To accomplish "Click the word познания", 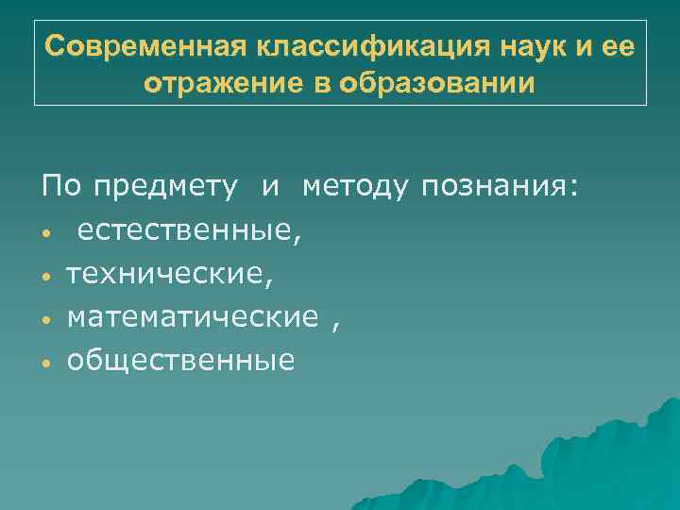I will click(492, 188).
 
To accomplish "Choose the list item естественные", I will click(190, 231).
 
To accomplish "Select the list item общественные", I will click(180, 360).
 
